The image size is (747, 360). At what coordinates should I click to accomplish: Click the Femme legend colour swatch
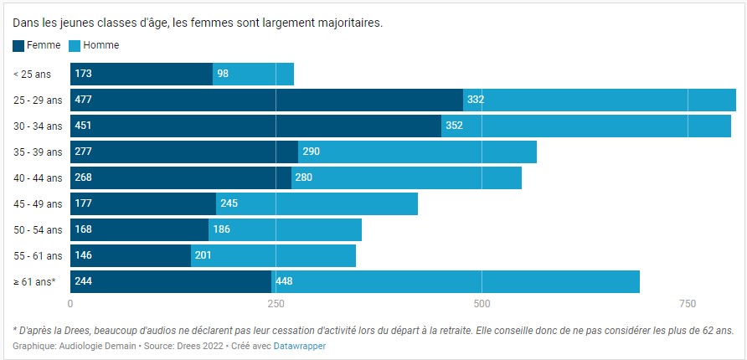point(18,45)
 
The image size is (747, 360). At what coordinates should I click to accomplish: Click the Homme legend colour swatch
point(75,45)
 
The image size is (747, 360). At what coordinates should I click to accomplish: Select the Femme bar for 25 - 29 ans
point(266,100)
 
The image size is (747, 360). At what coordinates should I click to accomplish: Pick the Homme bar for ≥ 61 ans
point(455,281)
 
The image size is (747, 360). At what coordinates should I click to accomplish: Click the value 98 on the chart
point(223,74)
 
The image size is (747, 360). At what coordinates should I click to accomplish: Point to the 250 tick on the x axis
point(276,303)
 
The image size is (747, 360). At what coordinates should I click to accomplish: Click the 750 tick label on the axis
point(687,303)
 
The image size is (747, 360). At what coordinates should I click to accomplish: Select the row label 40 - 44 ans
point(38,177)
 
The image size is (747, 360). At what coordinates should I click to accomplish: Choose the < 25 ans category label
point(31,74)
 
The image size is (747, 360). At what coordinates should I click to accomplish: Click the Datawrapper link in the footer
point(299,346)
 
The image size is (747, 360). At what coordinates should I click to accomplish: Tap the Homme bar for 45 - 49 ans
point(317,203)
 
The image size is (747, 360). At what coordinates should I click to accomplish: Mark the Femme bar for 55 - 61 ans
point(131,255)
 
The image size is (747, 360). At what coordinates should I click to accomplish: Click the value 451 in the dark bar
point(84,126)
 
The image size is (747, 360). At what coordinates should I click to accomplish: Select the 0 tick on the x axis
point(70,303)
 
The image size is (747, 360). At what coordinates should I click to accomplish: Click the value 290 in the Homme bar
point(311,152)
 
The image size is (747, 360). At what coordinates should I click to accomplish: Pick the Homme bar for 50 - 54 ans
point(285,229)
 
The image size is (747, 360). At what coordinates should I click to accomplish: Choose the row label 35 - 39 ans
point(38,152)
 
